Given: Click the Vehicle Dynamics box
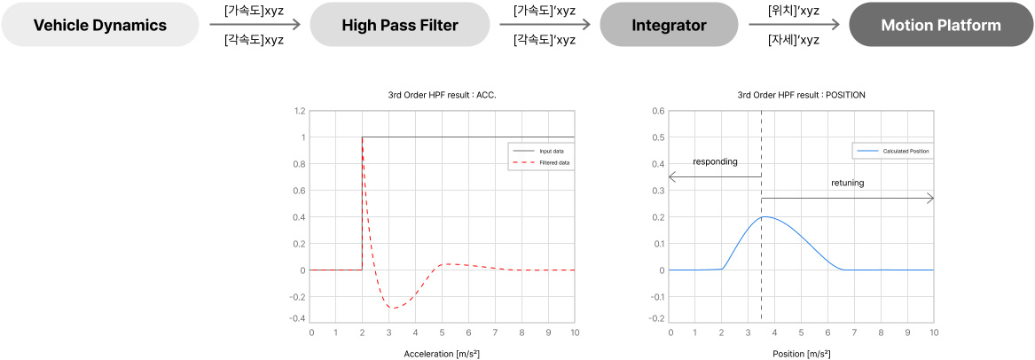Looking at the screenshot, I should tap(100, 25).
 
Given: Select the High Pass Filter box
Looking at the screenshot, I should tap(400, 25).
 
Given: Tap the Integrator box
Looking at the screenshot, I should tap(669, 25).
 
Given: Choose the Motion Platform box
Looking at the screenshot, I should tap(941, 25).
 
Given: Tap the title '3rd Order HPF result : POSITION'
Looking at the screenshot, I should tap(801, 94).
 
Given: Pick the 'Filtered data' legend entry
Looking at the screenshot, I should tap(554, 163).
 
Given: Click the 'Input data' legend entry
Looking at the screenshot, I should tap(552, 151).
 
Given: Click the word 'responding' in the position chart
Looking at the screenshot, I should tap(715, 162).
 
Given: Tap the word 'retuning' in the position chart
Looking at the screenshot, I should tap(848, 183).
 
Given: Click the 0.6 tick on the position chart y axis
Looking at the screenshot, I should tap(658, 111).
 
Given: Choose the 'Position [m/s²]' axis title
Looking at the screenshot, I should tap(801, 354).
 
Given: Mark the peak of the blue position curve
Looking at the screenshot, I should tap(765, 217).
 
